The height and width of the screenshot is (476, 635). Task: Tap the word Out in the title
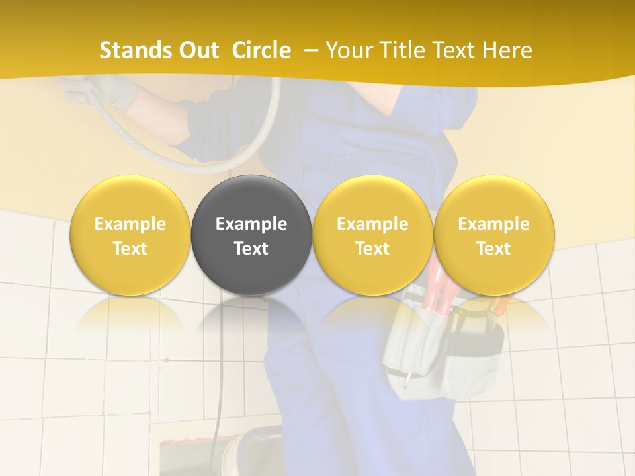click(196, 50)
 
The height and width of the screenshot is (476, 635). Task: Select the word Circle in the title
click(261, 50)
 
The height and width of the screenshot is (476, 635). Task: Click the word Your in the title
click(349, 50)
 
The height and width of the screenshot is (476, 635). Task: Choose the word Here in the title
click(509, 50)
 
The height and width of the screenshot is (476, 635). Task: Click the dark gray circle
click(251, 235)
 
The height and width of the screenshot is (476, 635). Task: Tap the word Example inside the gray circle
click(251, 224)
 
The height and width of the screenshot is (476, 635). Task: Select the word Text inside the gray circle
click(251, 249)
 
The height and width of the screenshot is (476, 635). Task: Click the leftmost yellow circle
click(130, 235)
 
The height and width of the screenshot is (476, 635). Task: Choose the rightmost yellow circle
click(493, 235)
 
